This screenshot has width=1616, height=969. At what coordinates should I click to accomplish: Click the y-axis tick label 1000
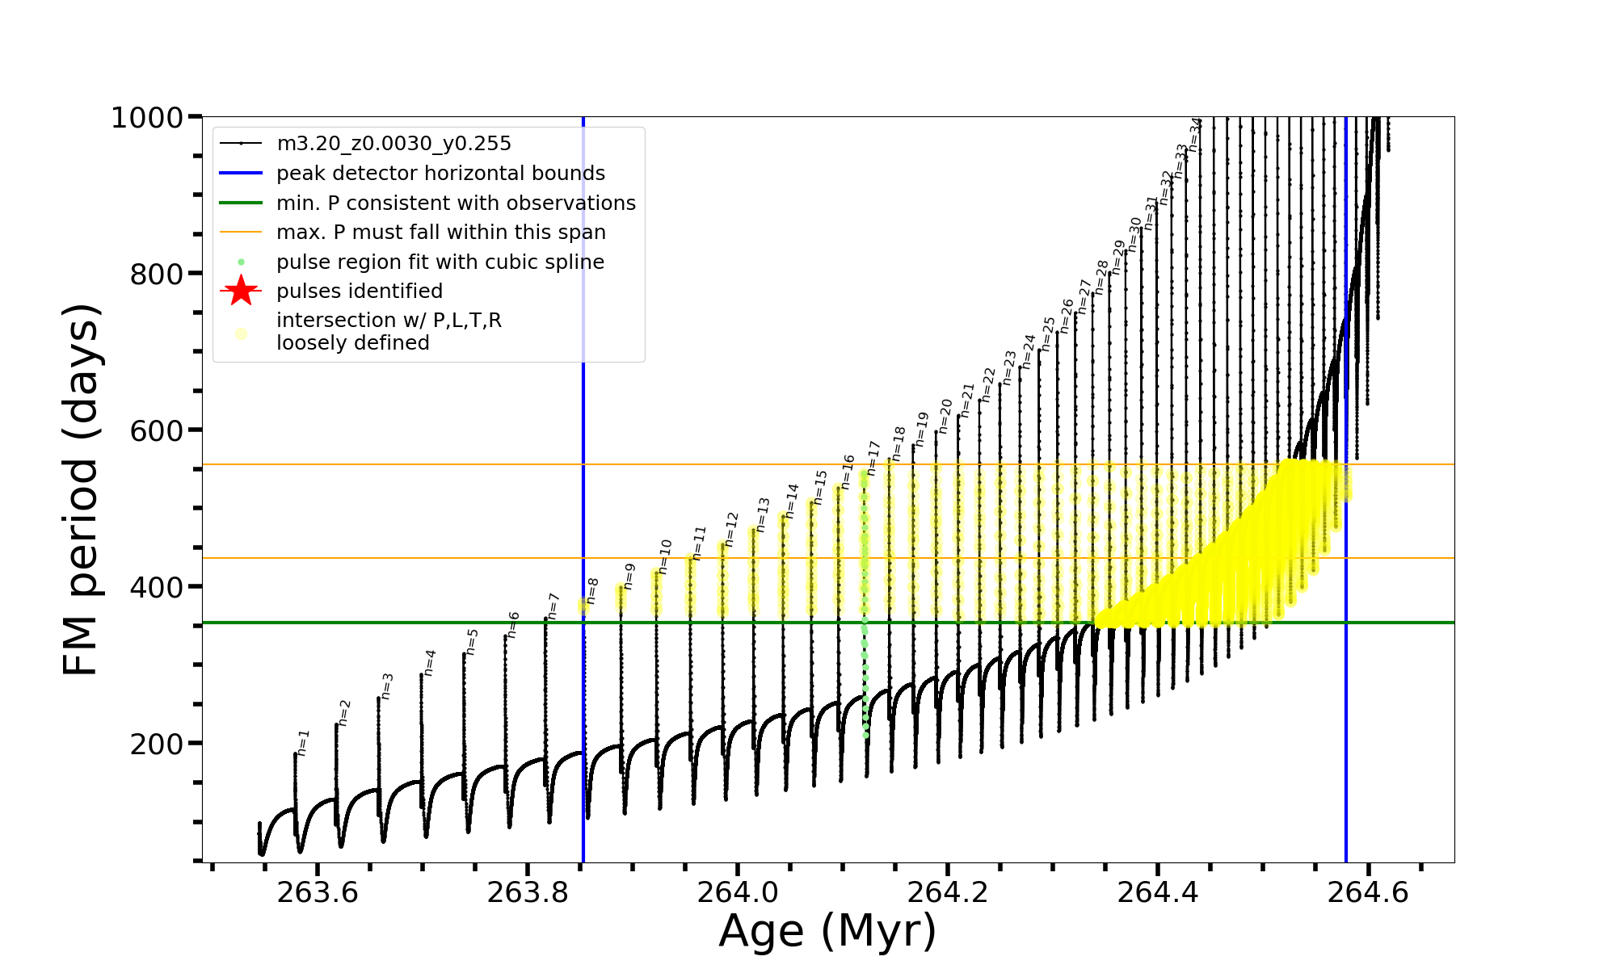tap(146, 118)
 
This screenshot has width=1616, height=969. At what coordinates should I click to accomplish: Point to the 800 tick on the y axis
tap(157, 275)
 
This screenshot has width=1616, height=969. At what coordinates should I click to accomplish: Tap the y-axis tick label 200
tap(157, 744)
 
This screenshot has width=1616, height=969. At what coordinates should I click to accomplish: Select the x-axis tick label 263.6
tap(317, 892)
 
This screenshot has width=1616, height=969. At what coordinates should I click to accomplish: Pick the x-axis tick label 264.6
tap(1368, 892)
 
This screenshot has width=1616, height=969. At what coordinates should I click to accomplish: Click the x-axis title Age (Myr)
tap(827, 931)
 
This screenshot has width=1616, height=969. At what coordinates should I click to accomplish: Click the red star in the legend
tap(241, 291)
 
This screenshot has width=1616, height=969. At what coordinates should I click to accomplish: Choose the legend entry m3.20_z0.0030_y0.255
tap(393, 144)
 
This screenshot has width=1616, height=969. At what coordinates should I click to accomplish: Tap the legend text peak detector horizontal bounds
tap(440, 174)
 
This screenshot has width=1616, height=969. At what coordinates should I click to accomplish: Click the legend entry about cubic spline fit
tap(440, 262)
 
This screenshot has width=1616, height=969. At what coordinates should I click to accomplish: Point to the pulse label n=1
tap(303, 742)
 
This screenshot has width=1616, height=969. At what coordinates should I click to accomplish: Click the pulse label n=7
tap(553, 606)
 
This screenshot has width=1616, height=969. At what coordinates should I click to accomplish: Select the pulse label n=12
tap(732, 529)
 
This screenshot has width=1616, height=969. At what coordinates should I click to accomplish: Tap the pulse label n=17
tap(873, 458)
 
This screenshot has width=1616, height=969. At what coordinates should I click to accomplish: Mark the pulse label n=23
tap(1009, 367)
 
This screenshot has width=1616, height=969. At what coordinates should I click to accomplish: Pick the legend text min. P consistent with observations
tap(456, 203)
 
